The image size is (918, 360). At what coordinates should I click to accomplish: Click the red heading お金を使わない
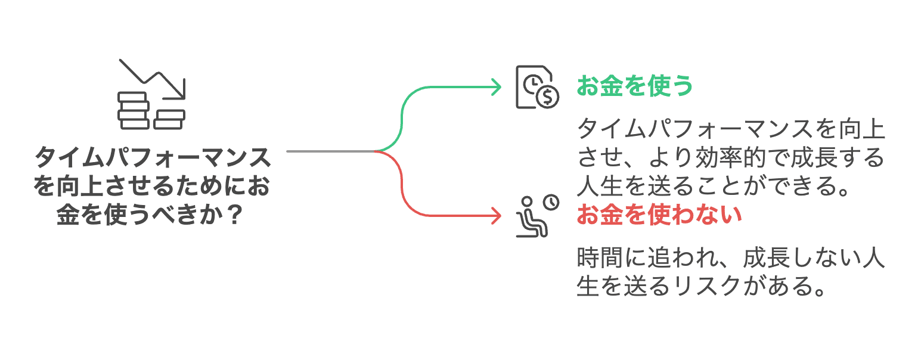(659, 215)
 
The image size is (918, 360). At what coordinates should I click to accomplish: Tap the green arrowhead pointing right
(495, 87)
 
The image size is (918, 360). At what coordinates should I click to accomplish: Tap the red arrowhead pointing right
(495, 215)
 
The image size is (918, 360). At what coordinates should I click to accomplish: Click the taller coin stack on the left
(134, 110)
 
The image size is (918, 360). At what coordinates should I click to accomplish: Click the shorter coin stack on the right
(169, 119)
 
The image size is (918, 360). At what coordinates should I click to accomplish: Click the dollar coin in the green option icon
(547, 96)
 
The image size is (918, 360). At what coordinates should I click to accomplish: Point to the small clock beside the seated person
(552, 203)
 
